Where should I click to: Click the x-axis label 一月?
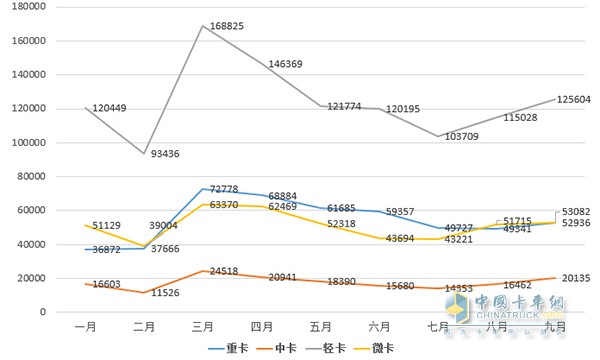click(x=86, y=327)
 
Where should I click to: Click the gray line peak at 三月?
click(x=203, y=26)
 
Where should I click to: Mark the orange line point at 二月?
click(x=144, y=293)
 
